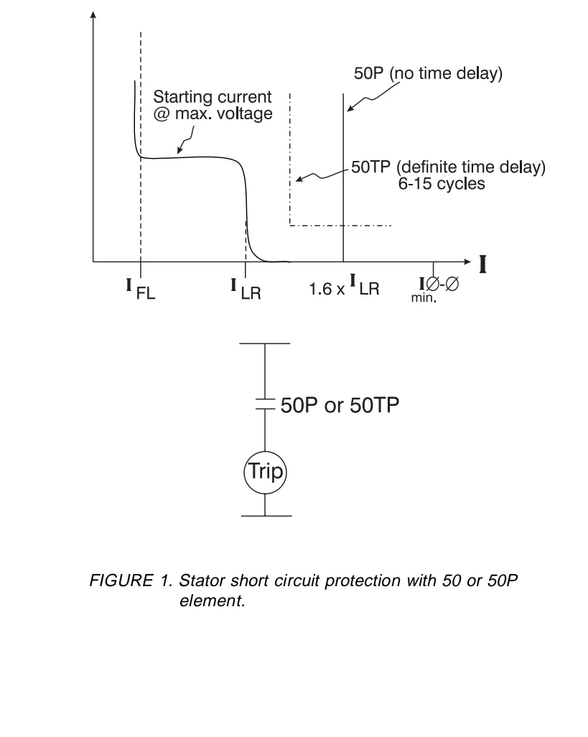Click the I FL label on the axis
pyautogui.click(x=141, y=288)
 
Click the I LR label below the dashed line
pyautogui.click(x=246, y=288)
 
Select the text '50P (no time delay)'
pyautogui.click(x=429, y=75)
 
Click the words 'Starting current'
pyautogui.click(x=213, y=98)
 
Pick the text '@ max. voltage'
pyautogui.click(x=213, y=113)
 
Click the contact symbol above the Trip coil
pyautogui.click(x=265, y=405)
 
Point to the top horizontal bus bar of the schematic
pyautogui.click(x=265, y=343)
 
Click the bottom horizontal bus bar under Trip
pyautogui.click(x=265, y=516)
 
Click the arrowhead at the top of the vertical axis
pyautogui.click(x=93, y=16)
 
